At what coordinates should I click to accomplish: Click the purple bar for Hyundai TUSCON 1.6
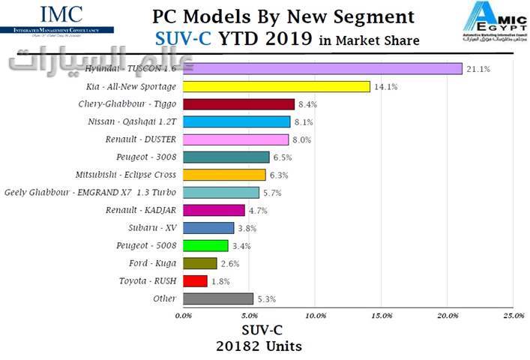point(322,69)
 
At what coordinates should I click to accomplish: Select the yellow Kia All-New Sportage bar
point(276,86)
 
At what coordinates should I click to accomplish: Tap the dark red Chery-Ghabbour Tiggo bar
point(238,104)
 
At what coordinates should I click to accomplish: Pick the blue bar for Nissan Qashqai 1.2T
point(236,121)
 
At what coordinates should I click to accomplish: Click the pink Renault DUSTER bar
point(235,139)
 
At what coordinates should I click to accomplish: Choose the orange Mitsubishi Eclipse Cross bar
point(224,175)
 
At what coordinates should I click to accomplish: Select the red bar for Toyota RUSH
point(195,281)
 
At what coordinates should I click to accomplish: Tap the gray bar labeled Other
point(217,298)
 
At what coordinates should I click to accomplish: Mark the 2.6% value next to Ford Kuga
point(230,264)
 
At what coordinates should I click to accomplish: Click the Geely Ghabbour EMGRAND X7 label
point(90,193)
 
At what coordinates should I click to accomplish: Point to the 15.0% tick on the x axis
point(381,316)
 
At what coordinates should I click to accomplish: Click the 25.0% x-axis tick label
point(514,316)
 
